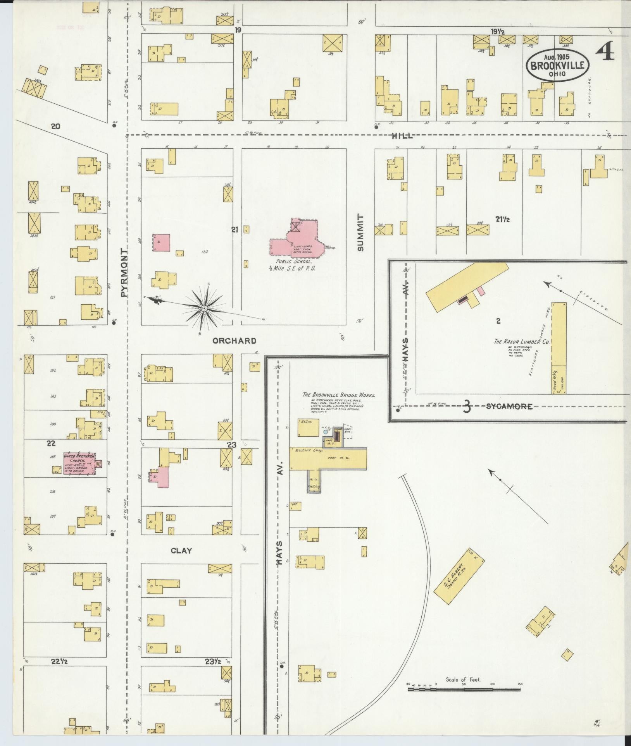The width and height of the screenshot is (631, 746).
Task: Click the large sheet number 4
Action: click(x=605, y=52)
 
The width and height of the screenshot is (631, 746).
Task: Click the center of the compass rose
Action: click(x=204, y=308)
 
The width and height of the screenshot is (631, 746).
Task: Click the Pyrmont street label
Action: click(x=124, y=273)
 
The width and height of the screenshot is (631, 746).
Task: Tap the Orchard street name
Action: click(x=234, y=341)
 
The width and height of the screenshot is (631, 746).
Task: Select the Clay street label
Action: click(x=181, y=550)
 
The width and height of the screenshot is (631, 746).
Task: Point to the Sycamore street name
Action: click(x=509, y=406)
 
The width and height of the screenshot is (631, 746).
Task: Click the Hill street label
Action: click(x=402, y=136)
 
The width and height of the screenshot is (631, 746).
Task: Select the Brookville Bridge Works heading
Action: click(x=339, y=395)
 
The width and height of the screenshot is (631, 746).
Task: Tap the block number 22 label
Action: click(x=51, y=443)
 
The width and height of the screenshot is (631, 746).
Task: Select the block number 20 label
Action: click(x=56, y=126)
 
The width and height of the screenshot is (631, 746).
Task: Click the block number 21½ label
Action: click(x=502, y=220)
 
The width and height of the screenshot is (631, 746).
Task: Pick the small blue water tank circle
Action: click(x=326, y=432)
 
